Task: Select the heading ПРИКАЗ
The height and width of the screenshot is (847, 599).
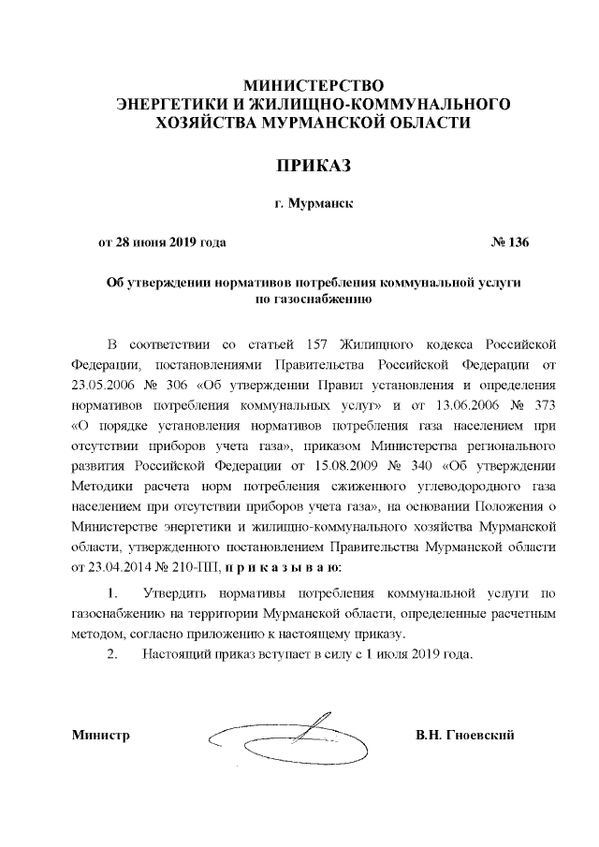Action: pyautogui.click(x=299, y=166)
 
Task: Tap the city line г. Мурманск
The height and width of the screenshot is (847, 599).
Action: pyautogui.click(x=300, y=203)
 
